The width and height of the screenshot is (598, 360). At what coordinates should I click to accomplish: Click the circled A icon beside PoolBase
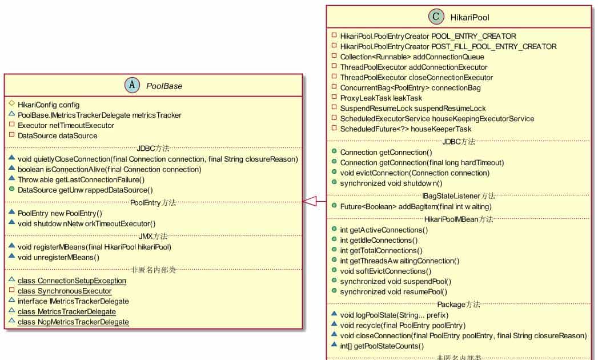tap(132, 86)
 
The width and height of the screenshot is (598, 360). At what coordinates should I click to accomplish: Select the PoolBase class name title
tap(164, 86)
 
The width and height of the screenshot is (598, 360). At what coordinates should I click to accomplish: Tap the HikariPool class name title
tap(469, 17)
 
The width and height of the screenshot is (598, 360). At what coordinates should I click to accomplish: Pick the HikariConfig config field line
tap(49, 105)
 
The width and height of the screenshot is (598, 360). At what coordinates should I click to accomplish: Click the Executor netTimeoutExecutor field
tap(66, 125)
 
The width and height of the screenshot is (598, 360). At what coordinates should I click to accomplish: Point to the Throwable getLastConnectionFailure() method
tap(81, 179)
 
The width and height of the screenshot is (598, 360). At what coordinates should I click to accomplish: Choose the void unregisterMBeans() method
tap(58, 257)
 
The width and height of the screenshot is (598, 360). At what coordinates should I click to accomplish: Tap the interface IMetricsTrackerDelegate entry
tap(73, 301)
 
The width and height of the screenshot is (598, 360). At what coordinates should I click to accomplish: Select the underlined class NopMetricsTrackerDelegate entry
tap(73, 322)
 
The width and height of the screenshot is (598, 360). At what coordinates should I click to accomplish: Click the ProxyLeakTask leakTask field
tap(381, 98)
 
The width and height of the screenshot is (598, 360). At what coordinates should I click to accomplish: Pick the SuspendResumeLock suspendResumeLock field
tap(413, 108)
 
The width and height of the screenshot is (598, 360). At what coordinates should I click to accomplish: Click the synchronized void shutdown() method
tap(391, 183)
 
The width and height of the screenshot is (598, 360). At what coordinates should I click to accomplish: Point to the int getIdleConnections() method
tap(379, 240)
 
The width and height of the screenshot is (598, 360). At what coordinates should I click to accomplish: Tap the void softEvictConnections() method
tap(386, 271)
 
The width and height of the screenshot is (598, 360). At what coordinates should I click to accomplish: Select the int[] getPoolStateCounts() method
tap(382, 345)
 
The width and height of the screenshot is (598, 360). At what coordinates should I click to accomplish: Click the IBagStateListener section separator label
tap(459, 196)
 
